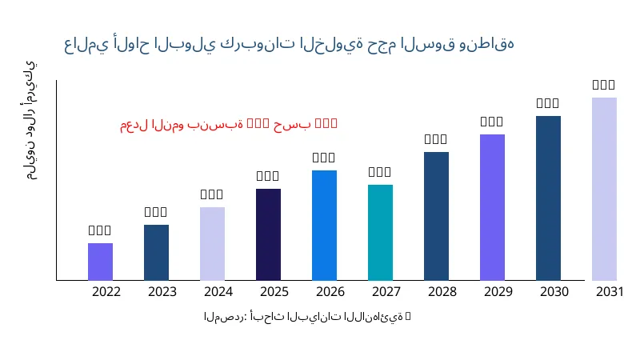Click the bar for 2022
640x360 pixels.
click(x=100, y=262)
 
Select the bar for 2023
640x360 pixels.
click(x=156, y=252)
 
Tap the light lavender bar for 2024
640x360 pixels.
click(x=212, y=243)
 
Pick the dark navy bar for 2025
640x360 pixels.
click(x=268, y=234)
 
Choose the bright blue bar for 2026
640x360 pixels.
click(x=324, y=225)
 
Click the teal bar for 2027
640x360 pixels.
click(x=380, y=232)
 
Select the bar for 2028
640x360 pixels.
click(x=436, y=216)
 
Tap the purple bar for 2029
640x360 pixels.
click(x=492, y=207)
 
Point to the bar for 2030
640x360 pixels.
click(x=548, y=198)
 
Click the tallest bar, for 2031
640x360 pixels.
click(x=604, y=189)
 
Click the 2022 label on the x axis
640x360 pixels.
click(x=106, y=291)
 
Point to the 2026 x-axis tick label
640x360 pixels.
click(x=330, y=291)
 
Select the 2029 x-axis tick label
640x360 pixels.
click(x=498, y=291)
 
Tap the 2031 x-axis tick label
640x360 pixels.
click(x=610, y=291)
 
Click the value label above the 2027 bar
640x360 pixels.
click(x=380, y=172)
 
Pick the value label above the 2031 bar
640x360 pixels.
click(x=604, y=85)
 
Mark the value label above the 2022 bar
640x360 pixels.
click(x=100, y=230)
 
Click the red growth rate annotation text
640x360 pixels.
click(x=229, y=124)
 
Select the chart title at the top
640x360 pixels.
click(x=289, y=44)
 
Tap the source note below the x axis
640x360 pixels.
click(x=307, y=317)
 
